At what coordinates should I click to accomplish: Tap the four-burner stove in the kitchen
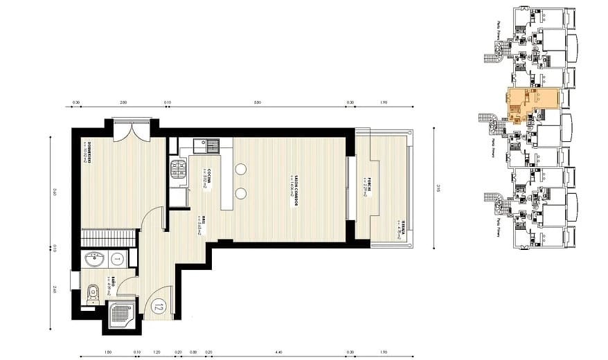click(x=178, y=170)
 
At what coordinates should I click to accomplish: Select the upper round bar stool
click(x=241, y=168)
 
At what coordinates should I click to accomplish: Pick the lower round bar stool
click(x=241, y=193)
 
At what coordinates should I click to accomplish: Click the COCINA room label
click(x=205, y=179)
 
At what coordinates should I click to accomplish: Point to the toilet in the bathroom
click(x=93, y=294)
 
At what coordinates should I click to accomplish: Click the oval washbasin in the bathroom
click(x=95, y=260)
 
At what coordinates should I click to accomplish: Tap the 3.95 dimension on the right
click(x=438, y=186)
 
